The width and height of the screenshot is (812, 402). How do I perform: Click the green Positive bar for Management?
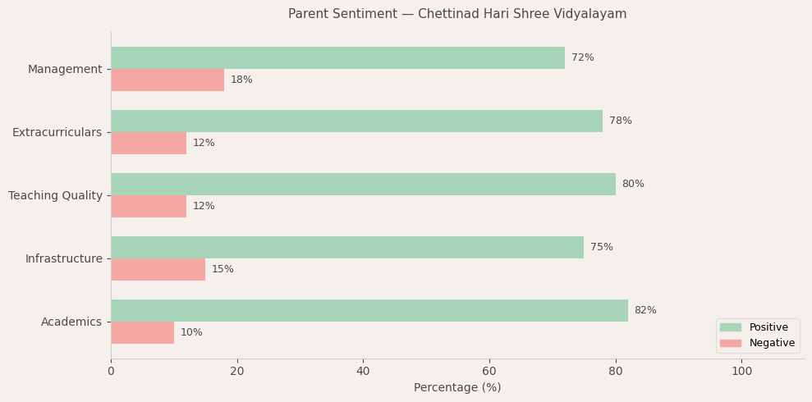(x=337, y=58)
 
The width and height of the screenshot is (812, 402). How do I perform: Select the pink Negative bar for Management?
(x=167, y=80)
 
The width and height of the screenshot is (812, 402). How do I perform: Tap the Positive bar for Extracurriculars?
(x=356, y=121)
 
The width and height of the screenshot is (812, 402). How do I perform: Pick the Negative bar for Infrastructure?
(x=158, y=270)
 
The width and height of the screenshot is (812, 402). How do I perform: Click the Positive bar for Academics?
(x=369, y=311)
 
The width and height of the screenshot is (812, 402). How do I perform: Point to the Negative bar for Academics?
(x=142, y=333)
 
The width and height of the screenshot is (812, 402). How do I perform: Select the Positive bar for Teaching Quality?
(x=363, y=185)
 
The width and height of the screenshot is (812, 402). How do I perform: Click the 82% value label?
(x=645, y=311)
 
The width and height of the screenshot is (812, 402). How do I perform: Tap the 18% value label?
(x=241, y=80)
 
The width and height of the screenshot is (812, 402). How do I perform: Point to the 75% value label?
(x=601, y=248)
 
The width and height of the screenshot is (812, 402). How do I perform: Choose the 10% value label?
(x=191, y=333)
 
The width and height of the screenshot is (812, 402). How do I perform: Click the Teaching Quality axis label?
(x=55, y=196)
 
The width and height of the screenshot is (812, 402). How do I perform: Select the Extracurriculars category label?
(x=57, y=133)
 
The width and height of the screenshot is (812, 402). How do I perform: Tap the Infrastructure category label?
(x=63, y=259)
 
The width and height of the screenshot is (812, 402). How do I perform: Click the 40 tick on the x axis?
(x=363, y=372)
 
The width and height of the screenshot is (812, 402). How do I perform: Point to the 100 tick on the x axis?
(x=741, y=372)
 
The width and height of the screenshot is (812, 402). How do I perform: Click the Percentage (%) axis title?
(x=457, y=388)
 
